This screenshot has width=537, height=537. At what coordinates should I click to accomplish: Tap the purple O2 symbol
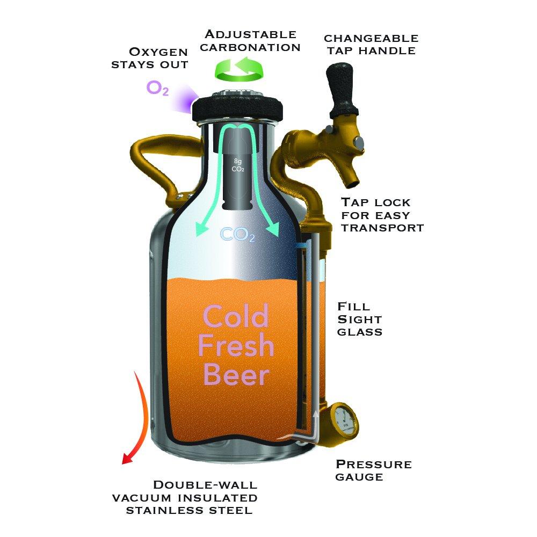(157, 89)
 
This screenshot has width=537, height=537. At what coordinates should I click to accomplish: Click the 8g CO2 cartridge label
(238, 166)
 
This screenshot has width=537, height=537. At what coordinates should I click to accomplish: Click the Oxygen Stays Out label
(158, 58)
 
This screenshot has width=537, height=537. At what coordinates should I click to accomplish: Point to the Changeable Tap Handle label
(371, 45)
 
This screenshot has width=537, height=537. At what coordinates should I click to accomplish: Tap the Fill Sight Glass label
(359, 319)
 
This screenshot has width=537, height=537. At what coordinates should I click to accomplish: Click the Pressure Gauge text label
(373, 470)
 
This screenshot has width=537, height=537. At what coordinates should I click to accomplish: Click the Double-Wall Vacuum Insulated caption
(185, 497)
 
